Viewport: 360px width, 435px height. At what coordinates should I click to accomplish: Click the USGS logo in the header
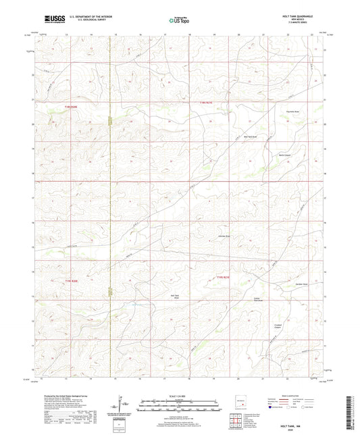(49, 20)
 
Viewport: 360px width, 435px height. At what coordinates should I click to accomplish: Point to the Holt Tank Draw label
(174, 297)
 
